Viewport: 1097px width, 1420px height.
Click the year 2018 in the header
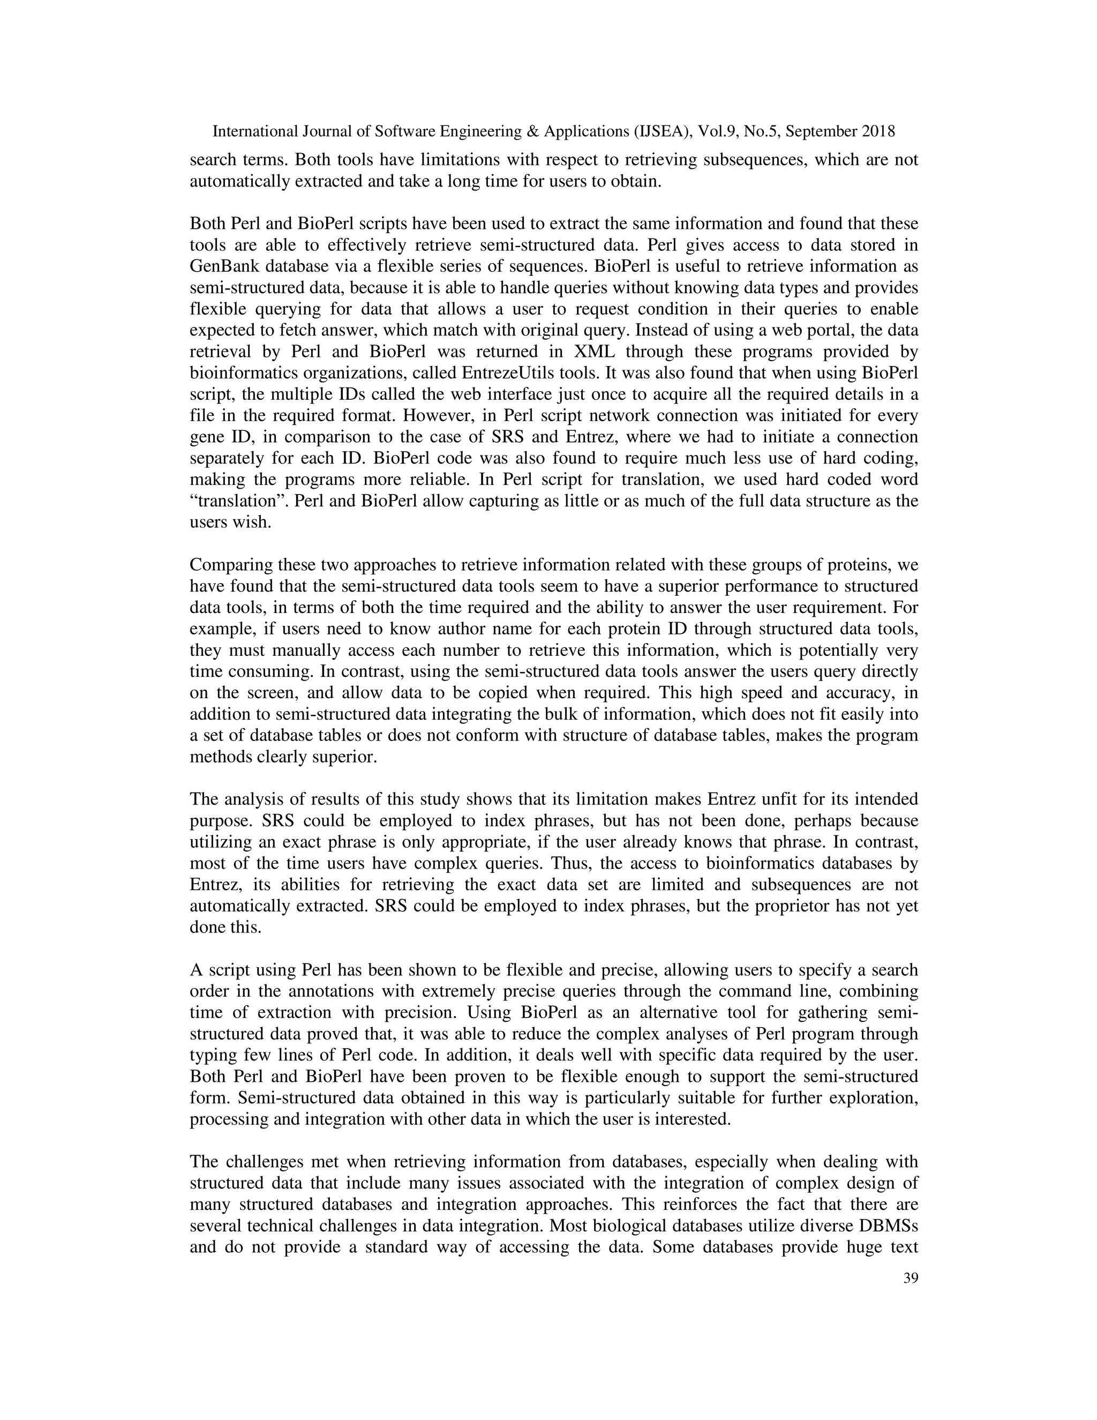click(878, 131)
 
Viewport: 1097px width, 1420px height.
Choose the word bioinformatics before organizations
click(238, 373)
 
